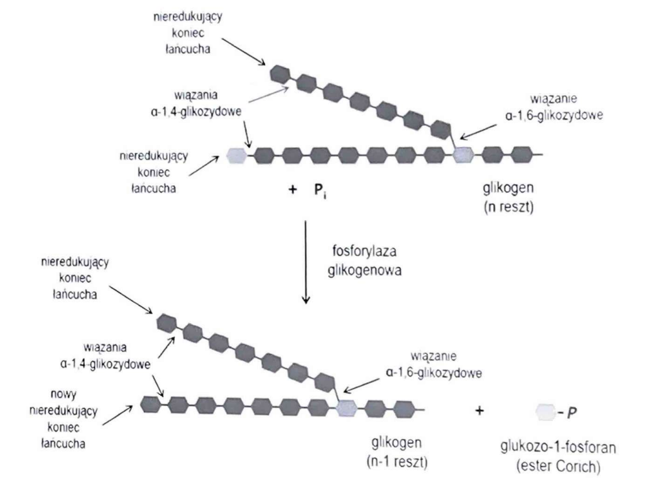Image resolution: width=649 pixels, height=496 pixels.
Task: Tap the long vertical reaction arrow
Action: click(x=305, y=261)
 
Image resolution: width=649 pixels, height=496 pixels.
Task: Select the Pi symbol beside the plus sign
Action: click(x=320, y=189)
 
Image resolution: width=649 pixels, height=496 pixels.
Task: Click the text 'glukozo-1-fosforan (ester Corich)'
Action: click(x=545, y=447)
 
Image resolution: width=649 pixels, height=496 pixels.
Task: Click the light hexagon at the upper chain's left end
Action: click(x=236, y=155)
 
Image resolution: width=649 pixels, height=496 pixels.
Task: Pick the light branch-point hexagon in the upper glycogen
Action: click(x=463, y=154)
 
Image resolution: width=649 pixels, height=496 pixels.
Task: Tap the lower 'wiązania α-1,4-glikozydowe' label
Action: click(x=104, y=357)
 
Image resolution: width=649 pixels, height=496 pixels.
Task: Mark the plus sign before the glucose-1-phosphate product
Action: click(x=480, y=412)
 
